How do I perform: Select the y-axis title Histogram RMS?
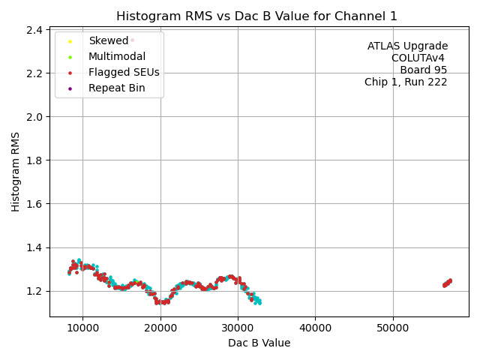point(16,171)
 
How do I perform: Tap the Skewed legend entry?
point(108,41)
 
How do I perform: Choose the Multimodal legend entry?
point(117,57)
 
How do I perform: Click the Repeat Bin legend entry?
point(116,88)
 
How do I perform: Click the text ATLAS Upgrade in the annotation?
point(407,46)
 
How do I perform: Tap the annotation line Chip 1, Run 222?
point(406,82)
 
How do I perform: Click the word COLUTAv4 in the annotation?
point(418,58)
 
